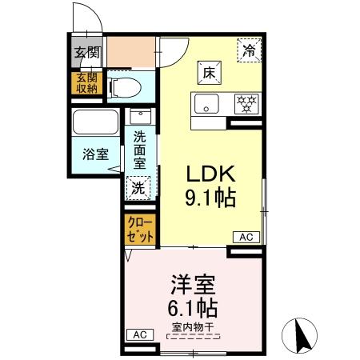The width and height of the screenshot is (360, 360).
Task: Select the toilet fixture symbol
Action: coord(126,86)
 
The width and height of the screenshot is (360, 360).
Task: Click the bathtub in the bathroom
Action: coord(96,125)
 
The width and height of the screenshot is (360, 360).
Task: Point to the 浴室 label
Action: coord(96,154)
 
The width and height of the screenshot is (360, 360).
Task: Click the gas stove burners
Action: coord(246,104)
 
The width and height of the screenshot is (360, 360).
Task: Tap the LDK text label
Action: coord(210,174)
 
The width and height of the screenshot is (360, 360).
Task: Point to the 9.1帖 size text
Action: coord(212,198)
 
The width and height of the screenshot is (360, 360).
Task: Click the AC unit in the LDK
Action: coord(246,237)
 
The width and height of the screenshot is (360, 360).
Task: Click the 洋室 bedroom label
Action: coord(193,285)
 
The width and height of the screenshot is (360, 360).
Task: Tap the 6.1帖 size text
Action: coord(193,308)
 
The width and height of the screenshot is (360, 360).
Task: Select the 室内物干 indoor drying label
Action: coord(193,327)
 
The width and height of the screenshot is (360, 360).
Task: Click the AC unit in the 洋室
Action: coord(140,334)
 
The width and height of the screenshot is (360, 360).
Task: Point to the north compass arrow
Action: coord(303,334)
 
